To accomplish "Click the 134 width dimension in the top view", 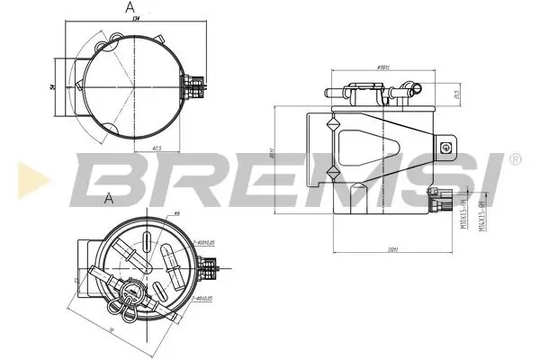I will tap(136, 17).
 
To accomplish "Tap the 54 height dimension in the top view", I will tap(55, 85).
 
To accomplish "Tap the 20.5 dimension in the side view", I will tap(457, 93).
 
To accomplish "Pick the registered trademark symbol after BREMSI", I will tap(514, 158).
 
